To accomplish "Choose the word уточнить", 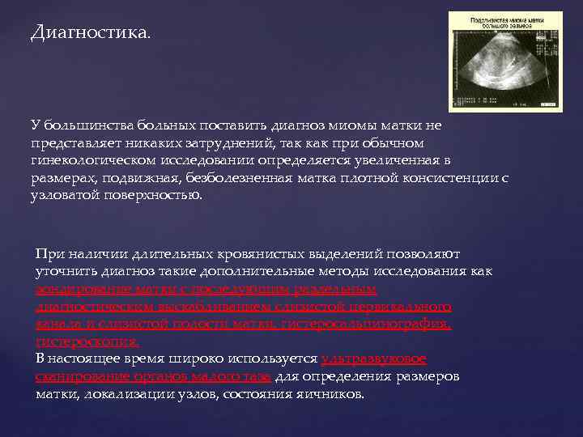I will [66, 272].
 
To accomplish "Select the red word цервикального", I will [398, 307].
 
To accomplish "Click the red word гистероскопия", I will [80, 342].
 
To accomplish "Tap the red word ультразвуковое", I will [373, 359].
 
